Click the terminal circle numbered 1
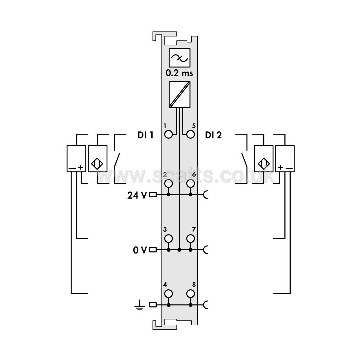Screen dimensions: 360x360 pos(169,135)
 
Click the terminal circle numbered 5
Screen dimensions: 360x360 pos(191,135)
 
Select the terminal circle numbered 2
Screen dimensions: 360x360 pos(169,183)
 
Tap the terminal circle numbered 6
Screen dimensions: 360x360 pos(191,183)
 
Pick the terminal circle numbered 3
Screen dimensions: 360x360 pos(169,239)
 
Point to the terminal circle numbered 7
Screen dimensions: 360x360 pos(191,239)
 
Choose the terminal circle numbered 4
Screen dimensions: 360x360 pos(169,294)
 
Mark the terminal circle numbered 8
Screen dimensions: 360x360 pos(191,294)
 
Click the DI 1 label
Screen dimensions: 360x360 pos(145,135)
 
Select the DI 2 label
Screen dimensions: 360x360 pos(213,135)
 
